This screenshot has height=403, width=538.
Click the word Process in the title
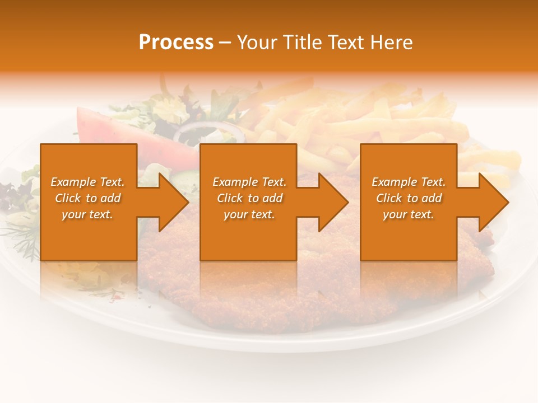pos(176,43)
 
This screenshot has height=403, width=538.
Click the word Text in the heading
pos(345,43)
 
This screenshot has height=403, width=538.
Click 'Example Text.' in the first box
pos(87,182)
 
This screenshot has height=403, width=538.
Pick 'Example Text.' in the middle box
pos(249,182)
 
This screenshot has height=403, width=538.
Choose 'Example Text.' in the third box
pos(409,182)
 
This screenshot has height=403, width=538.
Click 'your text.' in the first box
pos(87,214)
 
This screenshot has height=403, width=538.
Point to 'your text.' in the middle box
pos(249,214)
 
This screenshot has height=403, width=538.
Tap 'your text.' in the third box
pos(409,214)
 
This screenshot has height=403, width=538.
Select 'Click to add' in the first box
pos(87,198)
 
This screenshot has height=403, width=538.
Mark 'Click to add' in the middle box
pos(249,198)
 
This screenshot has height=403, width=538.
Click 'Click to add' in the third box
pos(409,198)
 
